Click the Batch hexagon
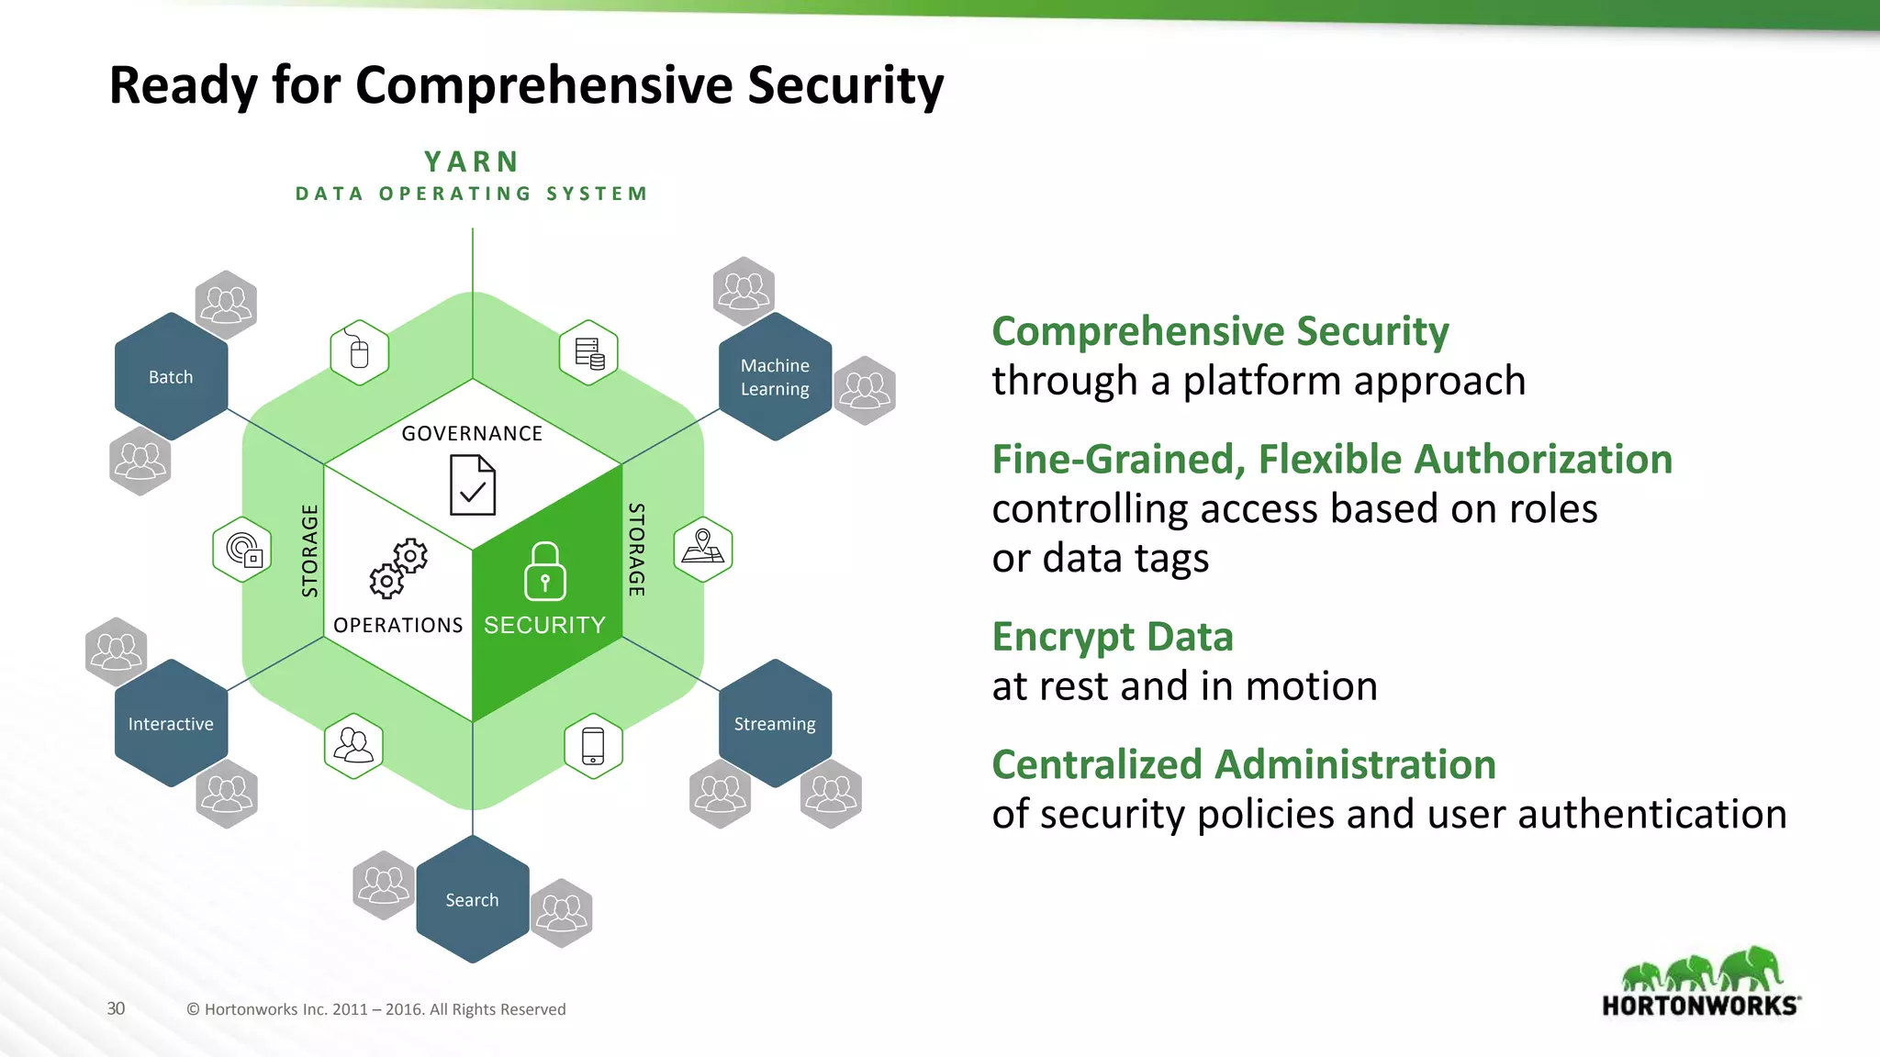pyautogui.click(x=171, y=377)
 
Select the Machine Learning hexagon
pyautogui.click(x=775, y=377)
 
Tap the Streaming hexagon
pyautogui.click(x=775, y=724)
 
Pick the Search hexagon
pyautogui.click(x=472, y=900)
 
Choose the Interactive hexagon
pyautogui.click(x=171, y=724)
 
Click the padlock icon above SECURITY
pyautogui.click(x=544, y=571)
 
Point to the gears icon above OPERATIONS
pyautogui.click(x=398, y=568)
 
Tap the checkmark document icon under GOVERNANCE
pyautogui.click(x=473, y=485)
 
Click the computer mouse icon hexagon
pyautogui.click(x=359, y=352)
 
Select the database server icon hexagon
pyautogui.click(x=588, y=352)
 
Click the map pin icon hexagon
pyautogui.click(x=703, y=549)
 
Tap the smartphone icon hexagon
pyautogui.click(x=593, y=746)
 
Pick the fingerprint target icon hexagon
pyautogui.click(x=242, y=550)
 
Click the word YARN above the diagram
pyautogui.click(x=472, y=161)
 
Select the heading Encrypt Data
pyautogui.click(x=1112, y=637)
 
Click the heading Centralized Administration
pyautogui.click(x=1243, y=764)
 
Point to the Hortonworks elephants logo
pyautogui.click(x=1701, y=982)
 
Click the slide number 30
pyautogui.click(x=116, y=1008)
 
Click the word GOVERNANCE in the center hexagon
pyautogui.click(x=472, y=433)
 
